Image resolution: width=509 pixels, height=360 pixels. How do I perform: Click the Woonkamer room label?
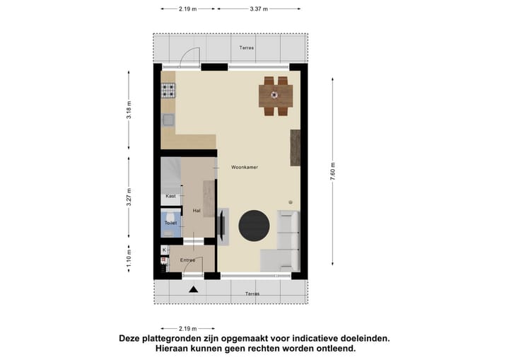click(x=245, y=168)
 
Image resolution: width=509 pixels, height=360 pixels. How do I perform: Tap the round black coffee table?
click(x=254, y=226)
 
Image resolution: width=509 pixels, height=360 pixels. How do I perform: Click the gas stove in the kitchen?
click(x=169, y=91)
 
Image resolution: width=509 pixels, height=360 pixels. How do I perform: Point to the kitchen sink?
click(x=168, y=120)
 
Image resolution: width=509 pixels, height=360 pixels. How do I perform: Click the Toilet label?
click(x=170, y=223)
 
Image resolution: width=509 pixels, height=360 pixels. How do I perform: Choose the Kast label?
click(x=170, y=196)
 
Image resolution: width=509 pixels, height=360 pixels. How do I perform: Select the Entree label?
click(x=187, y=260)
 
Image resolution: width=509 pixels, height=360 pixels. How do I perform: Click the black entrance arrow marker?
click(x=194, y=289)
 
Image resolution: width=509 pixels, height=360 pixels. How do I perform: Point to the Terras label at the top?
click(x=245, y=47)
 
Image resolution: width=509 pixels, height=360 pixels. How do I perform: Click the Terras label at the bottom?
click(x=252, y=294)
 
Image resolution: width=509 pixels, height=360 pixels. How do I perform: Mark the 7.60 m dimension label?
click(x=333, y=172)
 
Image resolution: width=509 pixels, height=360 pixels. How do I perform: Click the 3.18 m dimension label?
click(x=129, y=112)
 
